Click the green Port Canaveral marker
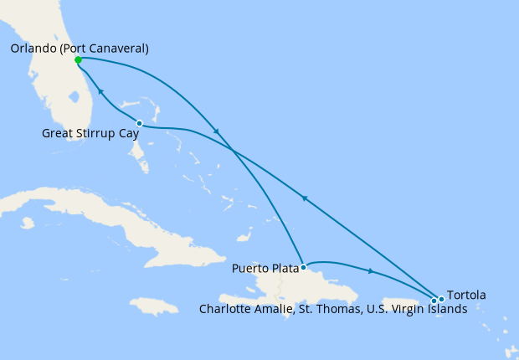point(78,60)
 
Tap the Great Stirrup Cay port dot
point(139,124)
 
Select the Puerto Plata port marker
point(303,267)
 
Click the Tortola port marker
point(441,299)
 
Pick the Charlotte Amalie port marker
point(434,301)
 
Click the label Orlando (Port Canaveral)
point(80,49)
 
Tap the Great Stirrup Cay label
point(85,132)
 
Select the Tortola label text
point(466,295)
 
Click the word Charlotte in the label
point(224,308)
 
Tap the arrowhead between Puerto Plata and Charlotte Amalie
point(370,270)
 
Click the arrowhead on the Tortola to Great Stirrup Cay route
point(306,198)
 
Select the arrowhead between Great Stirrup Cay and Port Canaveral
point(100,91)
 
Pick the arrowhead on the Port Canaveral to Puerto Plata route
point(218,131)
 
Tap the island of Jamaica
point(156,306)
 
